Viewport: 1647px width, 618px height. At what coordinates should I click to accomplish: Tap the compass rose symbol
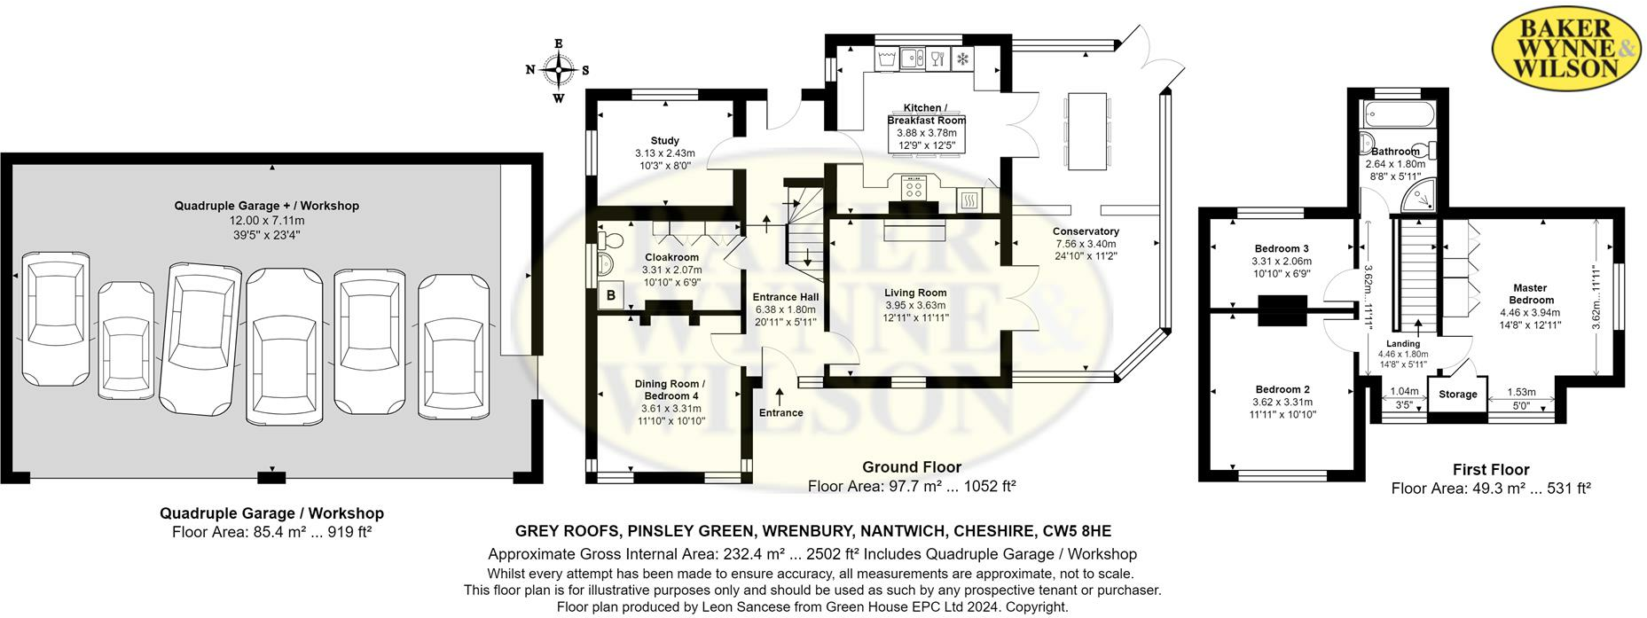558,70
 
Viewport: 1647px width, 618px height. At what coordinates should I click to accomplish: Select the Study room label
664,140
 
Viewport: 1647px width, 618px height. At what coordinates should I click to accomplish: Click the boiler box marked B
611,296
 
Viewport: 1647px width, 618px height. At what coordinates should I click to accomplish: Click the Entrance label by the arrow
780,412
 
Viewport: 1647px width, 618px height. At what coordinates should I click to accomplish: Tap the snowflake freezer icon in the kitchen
961,59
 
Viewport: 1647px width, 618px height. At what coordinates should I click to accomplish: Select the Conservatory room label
1086,231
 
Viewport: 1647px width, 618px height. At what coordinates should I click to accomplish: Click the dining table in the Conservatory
1086,130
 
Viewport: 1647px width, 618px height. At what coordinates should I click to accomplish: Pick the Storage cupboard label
1457,394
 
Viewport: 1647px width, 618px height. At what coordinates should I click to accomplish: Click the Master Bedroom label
1530,293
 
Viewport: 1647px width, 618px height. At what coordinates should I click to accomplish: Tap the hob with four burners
913,188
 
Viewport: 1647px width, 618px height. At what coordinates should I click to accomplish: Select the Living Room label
915,293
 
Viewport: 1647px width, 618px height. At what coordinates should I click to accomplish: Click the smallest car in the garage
126,337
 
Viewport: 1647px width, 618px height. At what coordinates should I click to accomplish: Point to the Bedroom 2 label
1282,389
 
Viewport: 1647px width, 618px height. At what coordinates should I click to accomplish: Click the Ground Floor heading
912,466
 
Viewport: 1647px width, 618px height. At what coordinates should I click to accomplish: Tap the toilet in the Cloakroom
611,240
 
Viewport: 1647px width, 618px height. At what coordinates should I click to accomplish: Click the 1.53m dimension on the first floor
1521,392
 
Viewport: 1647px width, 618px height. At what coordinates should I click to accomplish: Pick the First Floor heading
1491,469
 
